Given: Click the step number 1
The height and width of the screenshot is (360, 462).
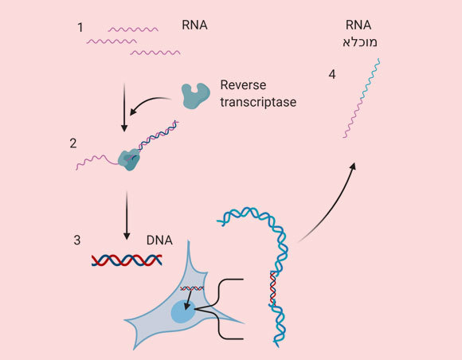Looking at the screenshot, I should click(80, 27).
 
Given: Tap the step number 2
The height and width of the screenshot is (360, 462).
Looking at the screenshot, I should click(73, 144).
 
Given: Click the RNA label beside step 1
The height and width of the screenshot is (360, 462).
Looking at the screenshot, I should click(194, 25).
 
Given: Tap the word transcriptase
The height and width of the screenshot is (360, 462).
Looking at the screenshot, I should click(258, 102).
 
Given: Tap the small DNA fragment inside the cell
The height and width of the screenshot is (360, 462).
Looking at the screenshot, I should click(192, 288).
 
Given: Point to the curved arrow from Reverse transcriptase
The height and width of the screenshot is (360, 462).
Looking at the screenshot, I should click(151, 104).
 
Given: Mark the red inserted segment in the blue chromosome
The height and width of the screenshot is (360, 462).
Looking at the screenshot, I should click(273, 287).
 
